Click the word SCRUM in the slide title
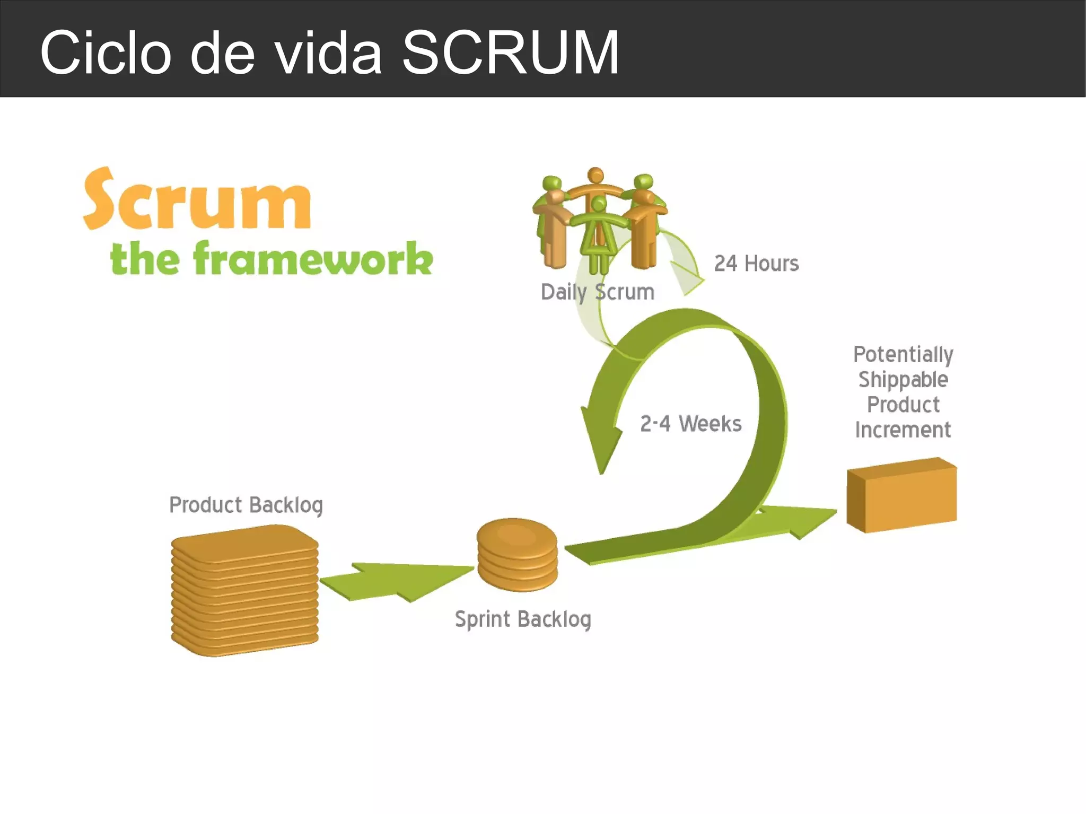click(x=510, y=52)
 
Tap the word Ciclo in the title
click(x=106, y=52)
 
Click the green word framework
click(x=313, y=259)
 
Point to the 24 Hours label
click(x=756, y=264)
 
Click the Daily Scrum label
click(x=597, y=292)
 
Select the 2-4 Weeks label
click(x=690, y=424)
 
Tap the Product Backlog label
click(x=246, y=505)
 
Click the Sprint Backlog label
click(x=523, y=619)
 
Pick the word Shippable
click(x=903, y=380)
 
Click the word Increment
click(x=903, y=430)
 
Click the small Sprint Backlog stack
click(x=517, y=555)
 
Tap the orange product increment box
click(x=901, y=495)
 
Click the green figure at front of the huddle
click(x=599, y=233)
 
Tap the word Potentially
click(x=903, y=354)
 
